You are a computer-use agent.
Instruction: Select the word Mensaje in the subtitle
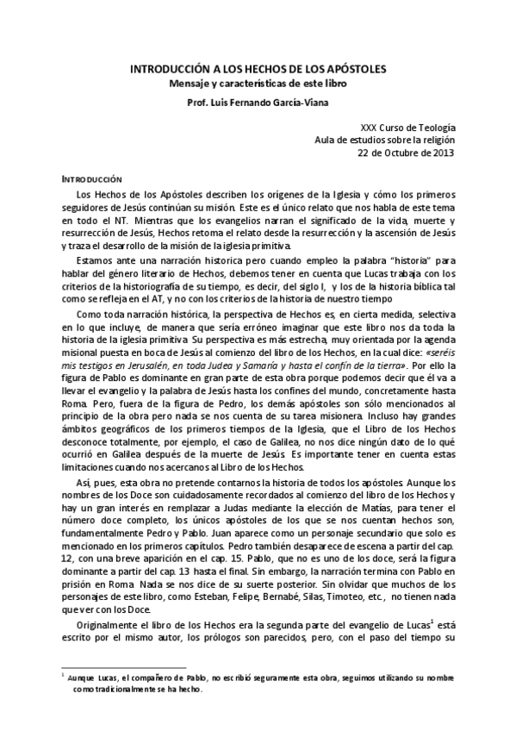point(192,83)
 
